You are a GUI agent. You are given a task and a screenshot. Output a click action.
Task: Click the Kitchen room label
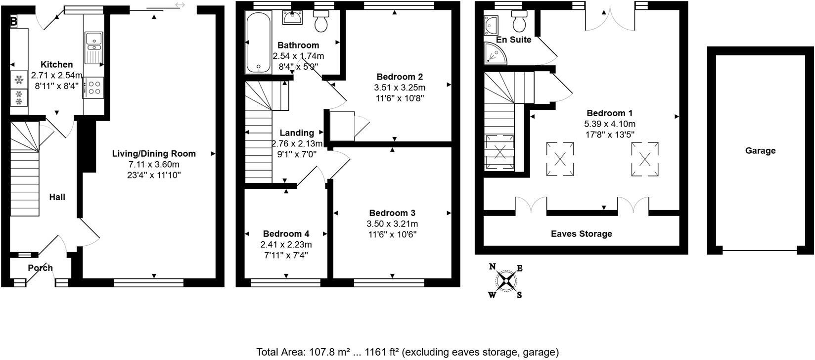click(56, 65)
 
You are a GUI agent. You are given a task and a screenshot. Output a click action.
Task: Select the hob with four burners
click(93, 88)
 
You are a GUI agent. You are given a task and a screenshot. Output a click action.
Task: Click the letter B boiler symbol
click(14, 21)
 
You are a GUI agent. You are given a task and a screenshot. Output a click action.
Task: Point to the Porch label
click(40, 268)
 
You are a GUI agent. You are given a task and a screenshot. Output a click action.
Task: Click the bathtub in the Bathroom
click(258, 43)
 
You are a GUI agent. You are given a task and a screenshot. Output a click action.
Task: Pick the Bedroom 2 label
click(400, 77)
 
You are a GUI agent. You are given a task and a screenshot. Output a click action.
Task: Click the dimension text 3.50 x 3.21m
click(393, 224)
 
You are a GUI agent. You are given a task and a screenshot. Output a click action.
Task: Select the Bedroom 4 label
click(286, 234)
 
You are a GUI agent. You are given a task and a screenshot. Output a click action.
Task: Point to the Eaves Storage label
click(581, 234)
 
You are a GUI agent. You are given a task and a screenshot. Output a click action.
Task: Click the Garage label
click(760, 151)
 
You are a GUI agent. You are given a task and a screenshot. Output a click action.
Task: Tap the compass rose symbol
click(506, 281)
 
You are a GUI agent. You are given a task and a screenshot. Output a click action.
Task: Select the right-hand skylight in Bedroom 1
click(645, 159)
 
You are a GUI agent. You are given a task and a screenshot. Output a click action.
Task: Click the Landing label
click(297, 133)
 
